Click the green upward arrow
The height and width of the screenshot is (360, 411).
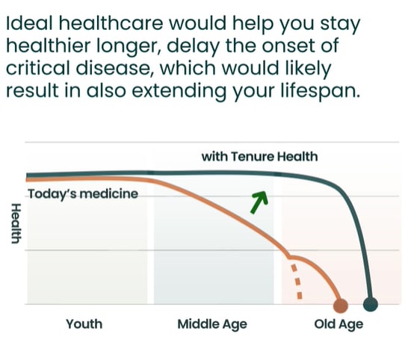pyautogui.click(x=259, y=202)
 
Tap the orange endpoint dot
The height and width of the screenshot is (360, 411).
pyautogui.click(x=341, y=305)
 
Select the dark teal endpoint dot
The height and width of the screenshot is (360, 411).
pyautogui.click(x=371, y=304)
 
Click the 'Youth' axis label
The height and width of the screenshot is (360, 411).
pyautogui.click(x=84, y=324)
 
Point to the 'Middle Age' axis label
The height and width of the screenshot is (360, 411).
pyautogui.click(x=212, y=325)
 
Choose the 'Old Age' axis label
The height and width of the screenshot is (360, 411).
pyautogui.click(x=339, y=325)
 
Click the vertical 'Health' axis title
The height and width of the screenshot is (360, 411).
pyautogui.click(x=16, y=223)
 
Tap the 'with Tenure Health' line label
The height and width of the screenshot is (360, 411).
pyautogui.click(x=259, y=157)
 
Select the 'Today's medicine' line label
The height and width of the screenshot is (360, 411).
pyautogui.click(x=83, y=194)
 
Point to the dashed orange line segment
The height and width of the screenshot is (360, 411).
pyautogui.click(x=297, y=281)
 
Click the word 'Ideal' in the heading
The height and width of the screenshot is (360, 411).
pyautogui.click(x=31, y=23)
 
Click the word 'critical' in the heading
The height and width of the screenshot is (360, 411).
pyautogui.click(x=39, y=68)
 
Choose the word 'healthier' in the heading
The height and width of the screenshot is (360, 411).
pyautogui.click(x=49, y=46)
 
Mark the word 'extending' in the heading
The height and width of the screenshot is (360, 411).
pyautogui.click(x=179, y=91)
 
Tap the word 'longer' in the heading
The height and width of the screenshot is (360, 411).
pyautogui.click(x=129, y=46)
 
